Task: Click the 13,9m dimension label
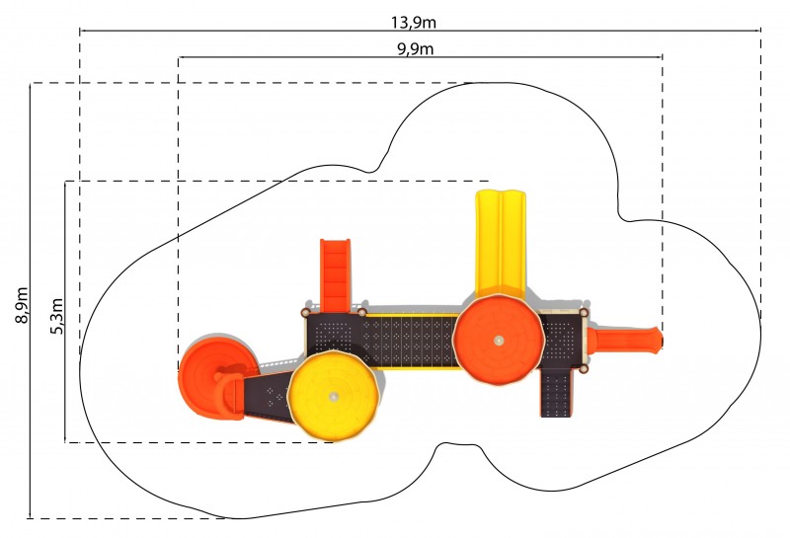(413, 22)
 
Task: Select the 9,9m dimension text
(415, 48)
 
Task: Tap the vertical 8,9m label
(22, 305)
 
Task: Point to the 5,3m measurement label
(57, 316)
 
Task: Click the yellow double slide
(501, 244)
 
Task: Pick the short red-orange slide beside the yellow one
(336, 275)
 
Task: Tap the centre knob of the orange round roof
(499, 340)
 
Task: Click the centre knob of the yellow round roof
(333, 397)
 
